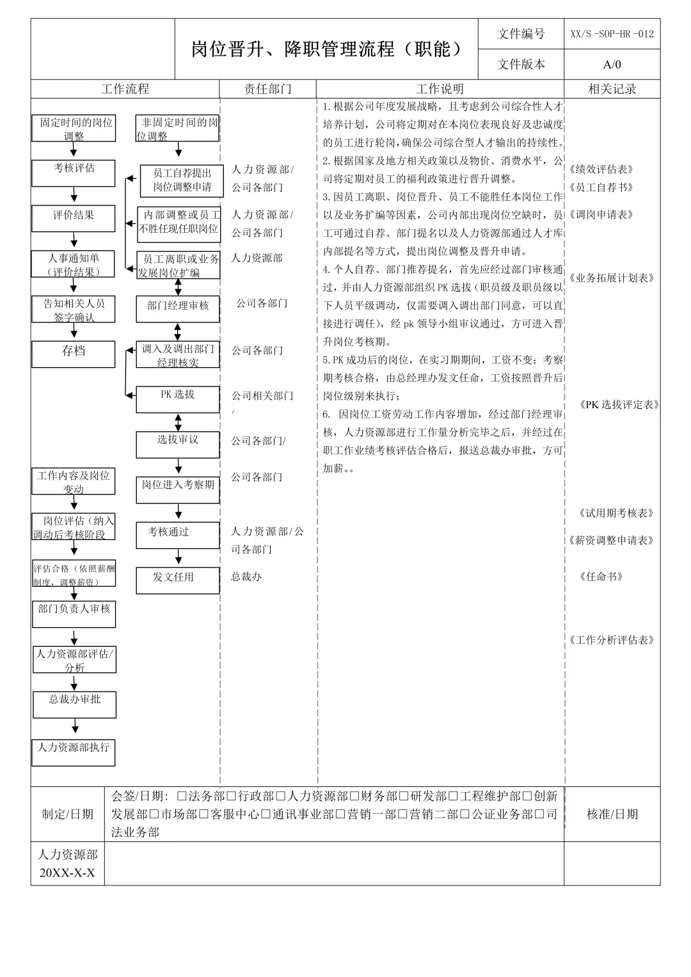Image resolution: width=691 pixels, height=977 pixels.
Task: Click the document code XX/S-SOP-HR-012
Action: click(612, 34)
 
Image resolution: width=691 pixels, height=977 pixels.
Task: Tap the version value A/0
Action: click(612, 65)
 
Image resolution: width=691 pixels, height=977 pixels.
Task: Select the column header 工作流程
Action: click(125, 89)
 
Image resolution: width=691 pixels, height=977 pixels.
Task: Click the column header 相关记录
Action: click(612, 89)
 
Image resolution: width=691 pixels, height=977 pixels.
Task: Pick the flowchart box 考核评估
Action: click(74, 173)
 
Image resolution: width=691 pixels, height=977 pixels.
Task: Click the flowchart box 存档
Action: click(74, 354)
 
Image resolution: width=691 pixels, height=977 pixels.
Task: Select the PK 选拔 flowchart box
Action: click(178, 399)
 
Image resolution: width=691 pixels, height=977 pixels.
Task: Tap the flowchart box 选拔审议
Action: click(178, 445)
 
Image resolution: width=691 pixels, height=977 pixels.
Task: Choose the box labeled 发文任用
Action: click(173, 580)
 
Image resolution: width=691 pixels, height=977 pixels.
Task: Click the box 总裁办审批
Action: click(75, 704)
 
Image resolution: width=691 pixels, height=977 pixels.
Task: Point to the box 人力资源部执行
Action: click(74, 752)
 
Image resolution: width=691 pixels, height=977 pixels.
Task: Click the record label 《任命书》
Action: click(601, 576)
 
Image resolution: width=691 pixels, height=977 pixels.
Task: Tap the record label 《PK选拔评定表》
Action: click(619, 404)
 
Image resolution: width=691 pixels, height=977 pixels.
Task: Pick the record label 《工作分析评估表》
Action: click(611, 640)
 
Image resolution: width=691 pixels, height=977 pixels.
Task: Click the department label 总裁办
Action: click(246, 576)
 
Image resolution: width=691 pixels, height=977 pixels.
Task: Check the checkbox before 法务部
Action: click(182, 796)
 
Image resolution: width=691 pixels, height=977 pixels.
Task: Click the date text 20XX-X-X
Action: click(67, 873)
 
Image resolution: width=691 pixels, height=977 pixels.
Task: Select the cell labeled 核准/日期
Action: click(612, 814)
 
